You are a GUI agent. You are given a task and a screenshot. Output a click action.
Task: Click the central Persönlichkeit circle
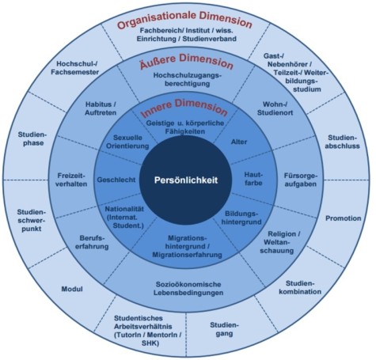tap(187, 180)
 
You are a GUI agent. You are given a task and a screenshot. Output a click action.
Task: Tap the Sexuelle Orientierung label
tap(134, 143)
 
